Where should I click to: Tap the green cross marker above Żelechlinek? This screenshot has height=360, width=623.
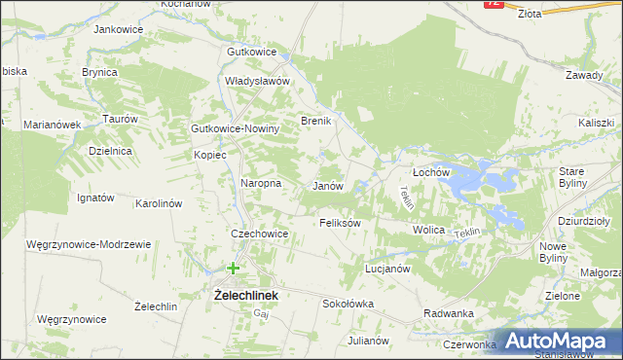pyautogui.click(x=234, y=268)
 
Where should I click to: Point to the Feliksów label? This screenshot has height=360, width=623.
pyautogui.click(x=341, y=223)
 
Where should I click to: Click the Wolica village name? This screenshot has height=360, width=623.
pyautogui.click(x=428, y=230)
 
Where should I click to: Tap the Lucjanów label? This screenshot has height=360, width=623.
pyautogui.click(x=387, y=268)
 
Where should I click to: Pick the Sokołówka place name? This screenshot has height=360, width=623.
pyautogui.click(x=348, y=304)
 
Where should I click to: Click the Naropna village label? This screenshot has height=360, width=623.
pyautogui.click(x=261, y=183)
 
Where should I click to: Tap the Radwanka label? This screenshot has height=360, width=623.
pyautogui.click(x=449, y=313)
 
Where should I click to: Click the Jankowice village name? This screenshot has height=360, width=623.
pyautogui.click(x=118, y=29)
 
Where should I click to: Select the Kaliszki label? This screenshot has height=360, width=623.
pyautogui.click(x=595, y=123)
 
